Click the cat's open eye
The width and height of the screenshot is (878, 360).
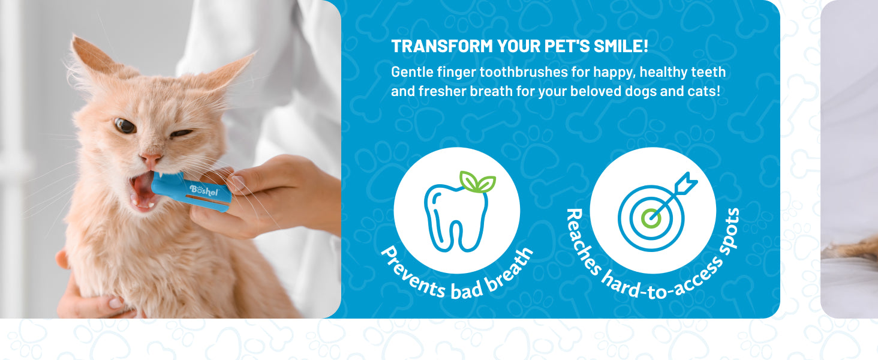pyautogui.click(x=125, y=126)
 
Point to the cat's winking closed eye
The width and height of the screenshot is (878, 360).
pyautogui.click(x=181, y=134)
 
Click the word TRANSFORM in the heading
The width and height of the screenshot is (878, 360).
pyautogui.click(x=442, y=46)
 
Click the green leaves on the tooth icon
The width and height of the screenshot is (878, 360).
pyautogui.click(x=477, y=182)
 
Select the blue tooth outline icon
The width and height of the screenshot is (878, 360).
pyautogui.click(x=456, y=218)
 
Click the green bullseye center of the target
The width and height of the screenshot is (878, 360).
pyautogui.click(x=651, y=218)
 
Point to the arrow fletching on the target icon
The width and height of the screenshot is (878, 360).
pyautogui.click(x=686, y=182)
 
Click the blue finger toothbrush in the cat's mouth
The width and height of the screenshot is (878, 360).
pyautogui.click(x=191, y=191)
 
